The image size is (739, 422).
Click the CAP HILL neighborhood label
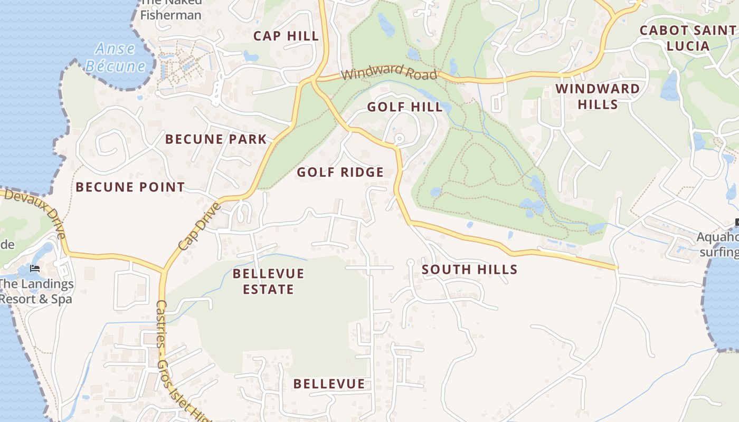[x=286, y=36]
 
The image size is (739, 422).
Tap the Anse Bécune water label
[x=116, y=57]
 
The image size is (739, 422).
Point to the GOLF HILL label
[x=405, y=107]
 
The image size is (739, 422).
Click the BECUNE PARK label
[x=216, y=139]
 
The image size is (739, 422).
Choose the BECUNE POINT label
[x=130, y=187]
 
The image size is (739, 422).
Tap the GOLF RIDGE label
[x=340, y=172]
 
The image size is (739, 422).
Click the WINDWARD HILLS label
[x=598, y=97]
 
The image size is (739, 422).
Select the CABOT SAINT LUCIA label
[x=687, y=38]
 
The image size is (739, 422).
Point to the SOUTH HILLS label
[x=469, y=270]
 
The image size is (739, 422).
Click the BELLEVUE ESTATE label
[x=268, y=281]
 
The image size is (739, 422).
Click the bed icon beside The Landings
[x=35, y=268]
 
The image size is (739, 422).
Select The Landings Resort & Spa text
[x=35, y=292]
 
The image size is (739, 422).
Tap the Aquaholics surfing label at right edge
[x=718, y=245]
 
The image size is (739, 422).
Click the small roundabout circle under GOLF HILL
[x=399, y=139]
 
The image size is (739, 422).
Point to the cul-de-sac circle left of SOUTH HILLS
[x=410, y=263]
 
